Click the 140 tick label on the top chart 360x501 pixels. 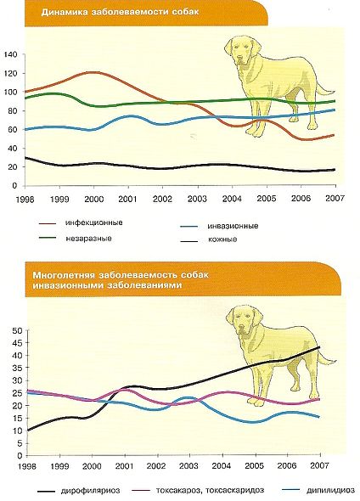tap(10, 54)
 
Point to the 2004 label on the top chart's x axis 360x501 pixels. tap(232, 199)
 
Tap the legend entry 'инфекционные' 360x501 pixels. tap(94, 222)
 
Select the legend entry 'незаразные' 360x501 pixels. tap(88, 239)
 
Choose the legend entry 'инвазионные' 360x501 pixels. tap(233, 226)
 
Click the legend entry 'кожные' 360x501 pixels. tap(222, 239)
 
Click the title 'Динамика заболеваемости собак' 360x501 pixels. tap(120, 12)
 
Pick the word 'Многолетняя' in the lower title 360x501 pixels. tap(63, 275)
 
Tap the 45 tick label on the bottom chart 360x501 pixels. tap(17, 343)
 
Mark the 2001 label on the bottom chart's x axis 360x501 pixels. tap(124, 465)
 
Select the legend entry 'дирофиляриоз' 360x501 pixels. tap(90, 490)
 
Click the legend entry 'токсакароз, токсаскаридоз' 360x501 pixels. tap(211, 490)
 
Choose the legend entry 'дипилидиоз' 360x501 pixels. tap(330, 490)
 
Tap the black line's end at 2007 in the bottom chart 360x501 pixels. tap(319, 347)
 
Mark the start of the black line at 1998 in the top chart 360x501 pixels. tap(26, 158)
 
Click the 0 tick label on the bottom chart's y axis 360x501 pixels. tap(20, 456)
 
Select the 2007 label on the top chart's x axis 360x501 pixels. tap(335, 198)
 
